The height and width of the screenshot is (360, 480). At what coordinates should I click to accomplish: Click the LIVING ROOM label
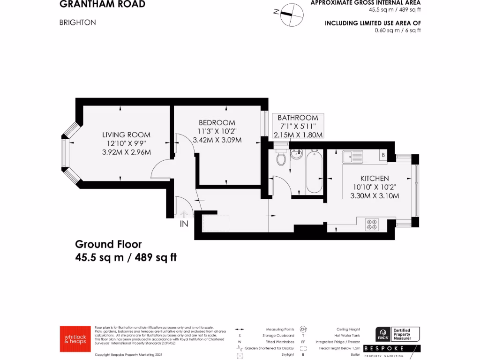tap(127, 135)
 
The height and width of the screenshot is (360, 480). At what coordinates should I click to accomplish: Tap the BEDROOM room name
tap(217, 123)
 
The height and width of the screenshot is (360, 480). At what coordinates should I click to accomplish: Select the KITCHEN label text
tap(375, 179)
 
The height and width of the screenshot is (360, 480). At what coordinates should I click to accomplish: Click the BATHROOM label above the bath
tap(298, 118)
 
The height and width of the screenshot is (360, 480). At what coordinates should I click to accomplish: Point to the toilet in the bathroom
tap(281, 158)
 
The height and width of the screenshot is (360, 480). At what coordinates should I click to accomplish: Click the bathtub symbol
tap(313, 172)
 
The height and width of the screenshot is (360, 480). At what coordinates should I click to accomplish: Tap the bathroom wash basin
tap(296, 154)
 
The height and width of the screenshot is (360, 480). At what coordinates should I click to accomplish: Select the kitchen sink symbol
tap(352, 156)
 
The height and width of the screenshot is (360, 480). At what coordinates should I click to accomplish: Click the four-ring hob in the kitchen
tap(372, 225)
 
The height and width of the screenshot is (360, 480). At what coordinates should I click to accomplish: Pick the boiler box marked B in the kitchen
tap(383, 155)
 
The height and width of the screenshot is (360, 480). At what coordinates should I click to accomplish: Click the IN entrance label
tap(184, 224)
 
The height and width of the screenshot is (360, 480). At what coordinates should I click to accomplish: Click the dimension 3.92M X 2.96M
tap(127, 152)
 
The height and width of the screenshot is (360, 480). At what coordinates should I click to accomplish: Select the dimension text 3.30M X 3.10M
tap(375, 196)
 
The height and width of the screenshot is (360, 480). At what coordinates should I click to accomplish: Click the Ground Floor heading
tap(108, 244)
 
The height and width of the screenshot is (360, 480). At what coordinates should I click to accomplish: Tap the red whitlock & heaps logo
tap(75, 339)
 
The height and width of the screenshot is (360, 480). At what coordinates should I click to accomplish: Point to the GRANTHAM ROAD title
tap(102, 5)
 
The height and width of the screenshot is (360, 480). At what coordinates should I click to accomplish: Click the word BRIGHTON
tap(77, 22)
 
